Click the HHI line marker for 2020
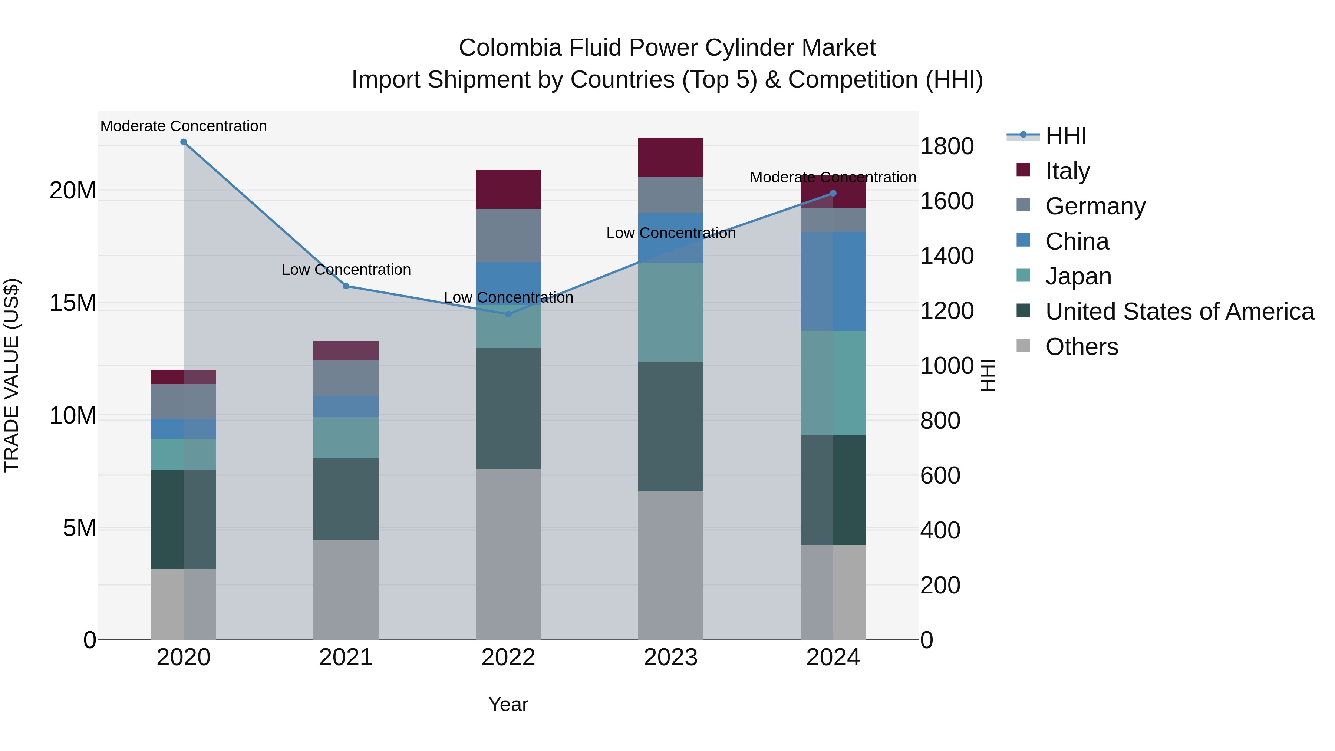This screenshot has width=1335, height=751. coord(184,142)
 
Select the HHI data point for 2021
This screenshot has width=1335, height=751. coord(346,286)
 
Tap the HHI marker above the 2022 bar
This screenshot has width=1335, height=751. coord(508,314)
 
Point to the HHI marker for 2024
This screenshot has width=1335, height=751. coord(833,193)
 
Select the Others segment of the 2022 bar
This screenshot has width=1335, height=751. coord(508,554)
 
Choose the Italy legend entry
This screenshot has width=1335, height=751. coord(1068,171)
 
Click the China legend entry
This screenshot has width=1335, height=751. coord(1077,241)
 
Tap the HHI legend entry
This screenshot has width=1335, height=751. coord(1065,136)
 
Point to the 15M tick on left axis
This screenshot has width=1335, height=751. coord(73,303)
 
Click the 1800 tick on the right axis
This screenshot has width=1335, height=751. coord(947,146)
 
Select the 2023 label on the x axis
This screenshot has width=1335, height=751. coord(670,658)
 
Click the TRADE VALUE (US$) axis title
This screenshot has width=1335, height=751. coord(11,375)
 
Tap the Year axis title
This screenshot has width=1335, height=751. coord(508,704)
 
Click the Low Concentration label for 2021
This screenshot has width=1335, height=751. coord(346,270)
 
